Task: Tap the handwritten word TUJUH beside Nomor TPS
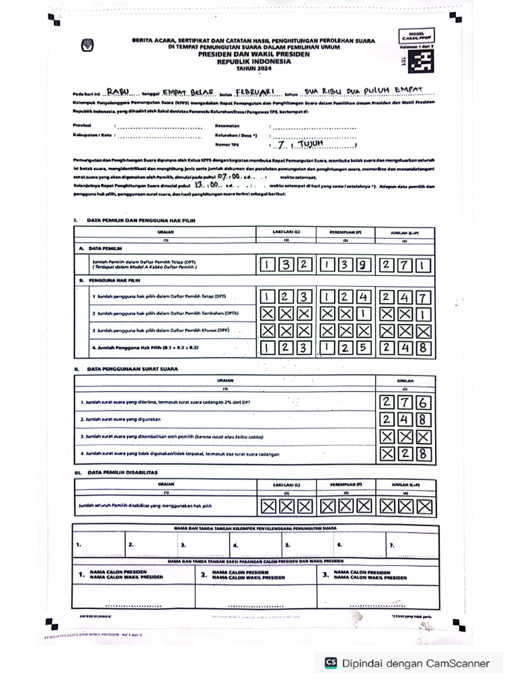[x=309, y=143]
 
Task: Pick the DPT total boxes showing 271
[x=405, y=266]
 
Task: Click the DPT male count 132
[x=285, y=266]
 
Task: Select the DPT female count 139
[x=345, y=266]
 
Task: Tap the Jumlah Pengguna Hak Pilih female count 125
[x=345, y=348]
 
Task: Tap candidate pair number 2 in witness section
[x=203, y=574]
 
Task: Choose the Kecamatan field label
[x=228, y=124]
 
